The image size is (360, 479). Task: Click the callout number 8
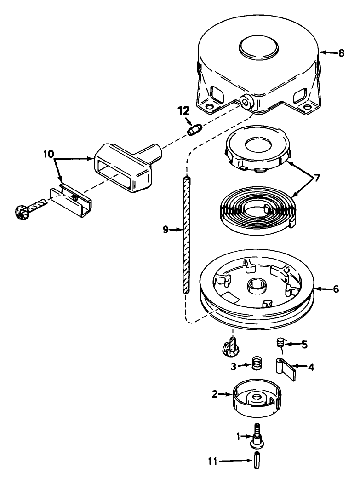[x=341, y=53]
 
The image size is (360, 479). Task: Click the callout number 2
[x=215, y=394]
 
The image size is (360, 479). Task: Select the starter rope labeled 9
[x=186, y=235]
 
